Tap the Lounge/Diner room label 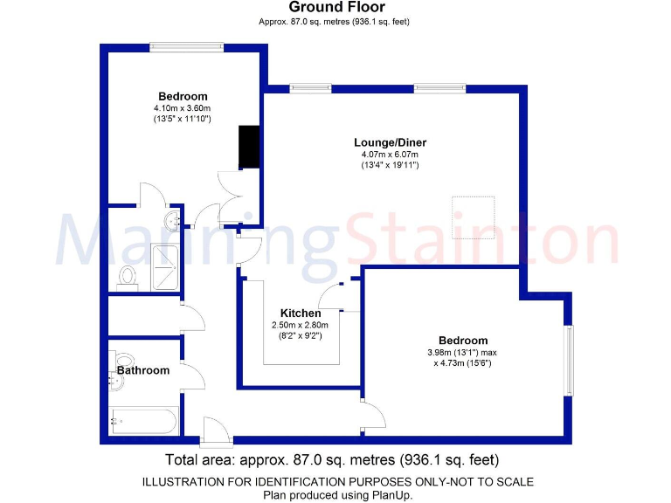pos(390,142)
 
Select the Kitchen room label pos(300,313)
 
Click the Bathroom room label pos(143,370)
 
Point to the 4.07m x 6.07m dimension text pos(390,155)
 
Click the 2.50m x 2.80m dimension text pos(300,325)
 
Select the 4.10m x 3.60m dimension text pos(183,108)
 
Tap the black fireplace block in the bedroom pos(250,146)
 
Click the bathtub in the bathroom pos(144,421)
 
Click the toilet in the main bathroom pos(121,361)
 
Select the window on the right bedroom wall pos(570,361)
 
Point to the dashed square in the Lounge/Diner pos(474,217)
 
